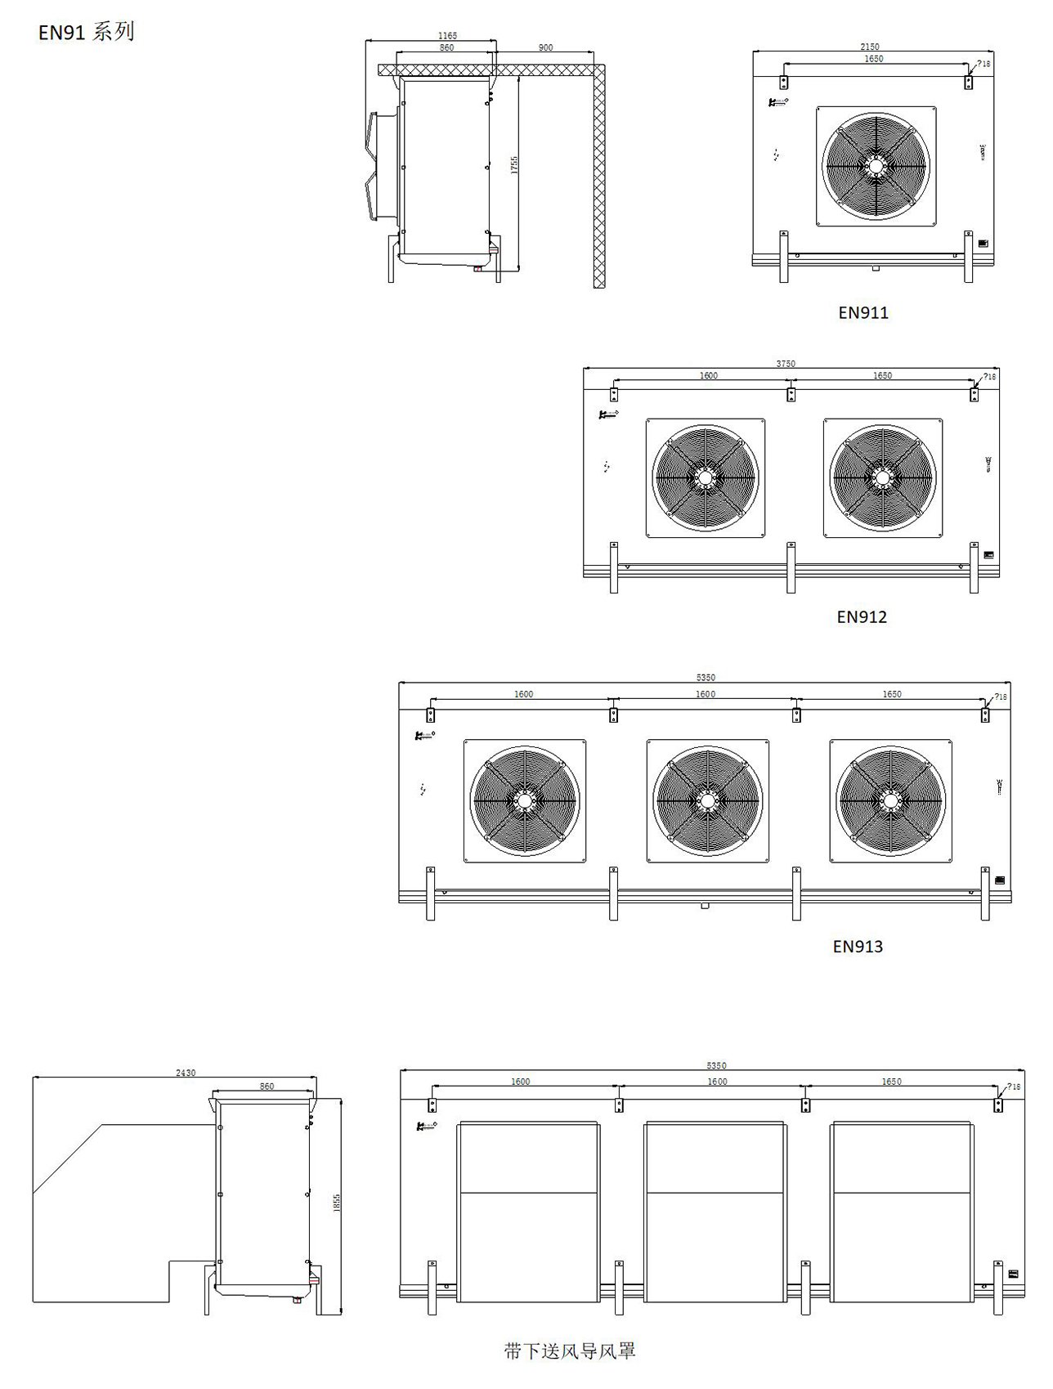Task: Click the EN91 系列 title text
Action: (86, 33)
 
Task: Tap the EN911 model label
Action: (863, 312)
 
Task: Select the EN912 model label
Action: (861, 616)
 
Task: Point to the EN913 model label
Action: (858, 946)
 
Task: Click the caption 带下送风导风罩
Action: (570, 1350)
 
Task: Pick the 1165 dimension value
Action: (447, 36)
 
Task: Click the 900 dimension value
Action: (545, 47)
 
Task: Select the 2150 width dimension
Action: (870, 47)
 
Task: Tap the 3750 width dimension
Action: (785, 364)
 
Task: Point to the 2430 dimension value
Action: (186, 1073)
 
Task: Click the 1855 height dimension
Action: (336, 1203)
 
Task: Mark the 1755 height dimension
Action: (514, 165)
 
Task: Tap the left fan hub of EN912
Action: (705, 477)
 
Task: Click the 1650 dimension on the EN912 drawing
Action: (882, 376)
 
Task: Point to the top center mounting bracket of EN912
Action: (791, 394)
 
